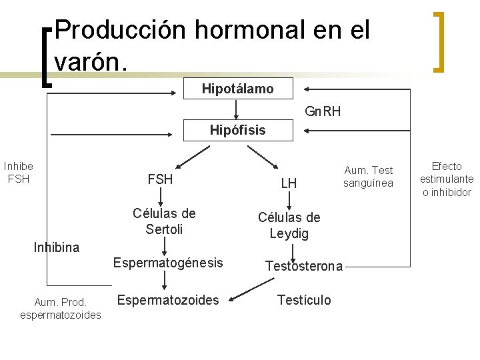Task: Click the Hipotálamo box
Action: (237, 89)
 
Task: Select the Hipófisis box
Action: (237, 130)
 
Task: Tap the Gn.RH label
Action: (323, 111)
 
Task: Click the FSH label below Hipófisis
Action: (160, 179)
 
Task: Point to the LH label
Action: (289, 183)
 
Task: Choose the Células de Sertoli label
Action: (164, 221)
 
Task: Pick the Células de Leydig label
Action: (289, 225)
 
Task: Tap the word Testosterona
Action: (304, 266)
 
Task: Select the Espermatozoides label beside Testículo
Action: (167, 300)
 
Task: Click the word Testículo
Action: (303, 300)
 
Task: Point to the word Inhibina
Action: (57, 247)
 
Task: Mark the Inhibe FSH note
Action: (19, 172)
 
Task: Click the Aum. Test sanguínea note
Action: (368, 177)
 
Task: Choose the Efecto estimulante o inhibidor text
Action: (447, 179)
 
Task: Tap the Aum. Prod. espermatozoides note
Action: (61, 308)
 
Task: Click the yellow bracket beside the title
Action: (438, 41)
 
